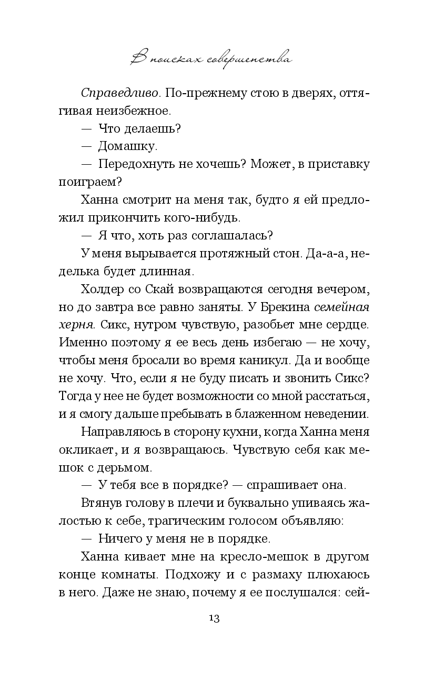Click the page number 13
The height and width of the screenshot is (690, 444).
click(x=214, y=617)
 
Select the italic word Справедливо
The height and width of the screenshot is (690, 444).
click(x=120, y=93)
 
